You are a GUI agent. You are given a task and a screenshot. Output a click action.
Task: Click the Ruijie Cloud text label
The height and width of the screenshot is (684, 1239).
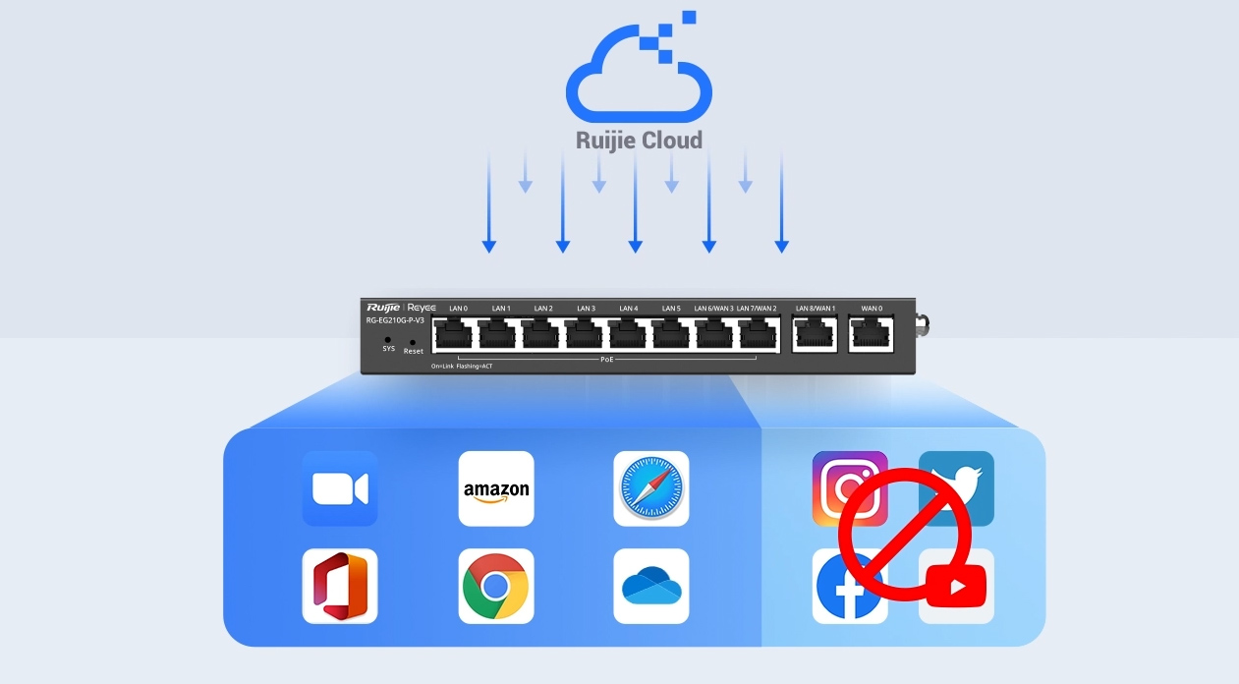[639, 141]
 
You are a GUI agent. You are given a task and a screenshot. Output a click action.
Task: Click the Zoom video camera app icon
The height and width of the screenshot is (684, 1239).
[340, 488]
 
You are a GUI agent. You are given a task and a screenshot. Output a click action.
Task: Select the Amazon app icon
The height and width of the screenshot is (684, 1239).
[496, 488]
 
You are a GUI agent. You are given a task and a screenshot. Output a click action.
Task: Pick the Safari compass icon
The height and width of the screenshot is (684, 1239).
[651, 488]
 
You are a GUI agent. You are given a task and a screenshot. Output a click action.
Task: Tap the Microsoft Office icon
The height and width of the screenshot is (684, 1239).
[340, 586]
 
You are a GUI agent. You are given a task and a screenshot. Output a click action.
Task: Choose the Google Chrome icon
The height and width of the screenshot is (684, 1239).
[496, 586]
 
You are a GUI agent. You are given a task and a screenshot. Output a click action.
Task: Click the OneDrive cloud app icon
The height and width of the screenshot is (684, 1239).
[651, 586]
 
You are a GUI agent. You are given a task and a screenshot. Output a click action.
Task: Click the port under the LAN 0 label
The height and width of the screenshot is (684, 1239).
[456, 334]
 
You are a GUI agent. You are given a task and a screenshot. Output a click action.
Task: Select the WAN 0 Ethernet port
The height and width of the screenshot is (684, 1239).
[872, 334]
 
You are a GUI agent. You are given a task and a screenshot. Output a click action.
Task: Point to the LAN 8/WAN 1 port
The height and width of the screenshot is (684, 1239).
[816, 334]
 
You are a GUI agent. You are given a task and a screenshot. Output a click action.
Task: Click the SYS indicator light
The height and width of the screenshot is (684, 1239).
[388, 339]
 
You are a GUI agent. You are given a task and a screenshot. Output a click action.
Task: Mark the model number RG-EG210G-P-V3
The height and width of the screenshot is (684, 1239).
[395, 320]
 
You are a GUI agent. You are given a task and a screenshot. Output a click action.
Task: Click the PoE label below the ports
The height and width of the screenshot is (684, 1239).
[607, 360]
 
